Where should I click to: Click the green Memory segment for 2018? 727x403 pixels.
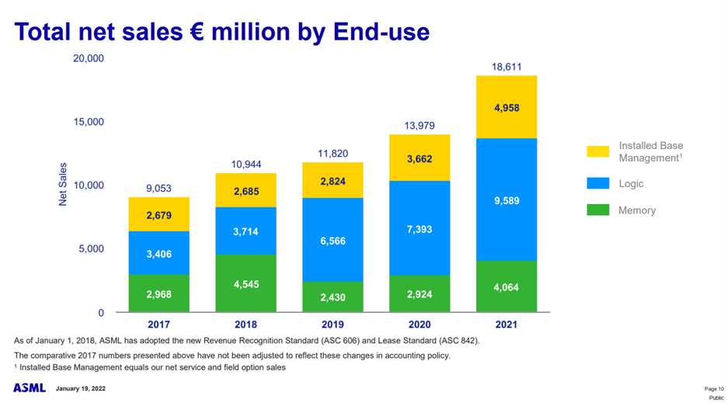[245, 283]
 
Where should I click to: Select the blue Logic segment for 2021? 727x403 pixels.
[506, 200]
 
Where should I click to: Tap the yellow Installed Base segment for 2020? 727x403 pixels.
[419, 158]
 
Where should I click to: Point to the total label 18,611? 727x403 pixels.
[506, 68]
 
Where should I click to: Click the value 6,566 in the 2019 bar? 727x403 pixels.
[332, 241]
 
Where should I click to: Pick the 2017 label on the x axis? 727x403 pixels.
[159, 325]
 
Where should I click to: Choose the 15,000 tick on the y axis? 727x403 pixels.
[89, 122]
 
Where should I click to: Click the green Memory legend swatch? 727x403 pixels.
[598, 210]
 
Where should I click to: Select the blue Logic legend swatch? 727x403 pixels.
[598, 184]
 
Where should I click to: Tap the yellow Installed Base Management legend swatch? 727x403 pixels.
[598, 151]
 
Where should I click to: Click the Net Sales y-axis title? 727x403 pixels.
[63, 185]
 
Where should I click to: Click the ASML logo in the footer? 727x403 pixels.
[30, 387]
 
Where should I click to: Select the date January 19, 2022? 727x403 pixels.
[80, 387]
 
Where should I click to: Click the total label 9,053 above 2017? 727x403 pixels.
[159, 189]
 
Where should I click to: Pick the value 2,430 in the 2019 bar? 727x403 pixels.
[332, 297]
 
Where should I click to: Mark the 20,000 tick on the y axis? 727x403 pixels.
[89, 58]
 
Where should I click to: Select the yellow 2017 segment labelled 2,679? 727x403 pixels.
[159, 215]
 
